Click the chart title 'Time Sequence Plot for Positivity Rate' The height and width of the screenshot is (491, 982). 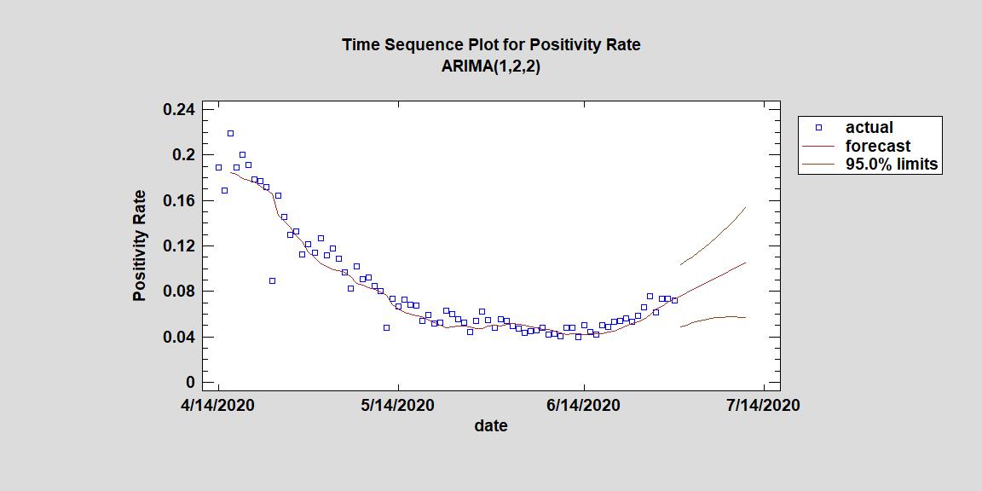click(x=491, y=44)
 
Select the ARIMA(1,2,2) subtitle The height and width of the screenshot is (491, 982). click(x=491, y=66)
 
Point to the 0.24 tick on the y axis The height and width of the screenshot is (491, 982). click(x=179, y=109)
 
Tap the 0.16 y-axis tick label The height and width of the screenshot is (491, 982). click(x=179, y=200)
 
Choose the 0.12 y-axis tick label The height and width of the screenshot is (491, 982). click(x=179, y=245)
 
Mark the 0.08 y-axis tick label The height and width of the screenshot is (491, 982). click(x=179, y=291)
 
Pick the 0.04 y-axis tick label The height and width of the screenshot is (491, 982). click(x=179, y=337)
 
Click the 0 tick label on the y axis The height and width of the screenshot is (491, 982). click(x=190, y=382)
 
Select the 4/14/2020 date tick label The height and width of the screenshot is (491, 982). click(x=218, y=405)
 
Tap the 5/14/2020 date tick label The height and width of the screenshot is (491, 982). click(x=397, y=405)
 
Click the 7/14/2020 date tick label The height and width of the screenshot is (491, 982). click(x=763, y=405)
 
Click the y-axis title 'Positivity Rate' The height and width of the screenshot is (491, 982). click(x=140, y=245)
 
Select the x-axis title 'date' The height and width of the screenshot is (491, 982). click(x=491, y=425)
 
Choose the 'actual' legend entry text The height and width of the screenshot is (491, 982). click(x=869, y=127)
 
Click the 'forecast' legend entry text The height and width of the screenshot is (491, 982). click(x=878, y=146)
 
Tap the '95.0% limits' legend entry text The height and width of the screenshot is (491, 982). click(x=892, y=164)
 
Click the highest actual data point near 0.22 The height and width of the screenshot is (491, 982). click(x=230, y=133)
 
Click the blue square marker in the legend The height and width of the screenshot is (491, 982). click(x=818, y=127)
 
